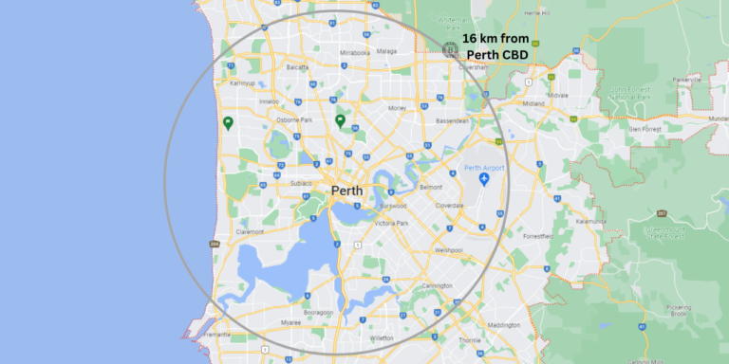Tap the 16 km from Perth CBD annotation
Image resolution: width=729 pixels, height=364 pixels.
[495, 46]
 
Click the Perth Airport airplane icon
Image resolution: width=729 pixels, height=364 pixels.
[484, 179]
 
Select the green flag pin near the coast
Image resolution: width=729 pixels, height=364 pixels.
[228, 122]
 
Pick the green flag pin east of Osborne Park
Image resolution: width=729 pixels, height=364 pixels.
[340, 120]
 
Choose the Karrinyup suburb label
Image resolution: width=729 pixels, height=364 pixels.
[244, 82]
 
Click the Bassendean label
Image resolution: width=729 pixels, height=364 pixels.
[452, 121]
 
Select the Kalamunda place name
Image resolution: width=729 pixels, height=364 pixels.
[590, 222]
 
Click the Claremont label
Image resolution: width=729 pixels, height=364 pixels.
[251, 230]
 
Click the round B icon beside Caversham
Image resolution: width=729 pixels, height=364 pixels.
[452, 47]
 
